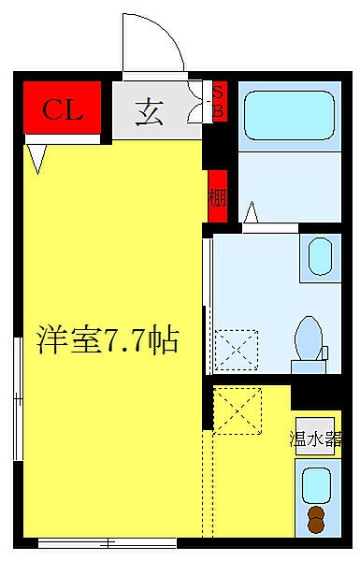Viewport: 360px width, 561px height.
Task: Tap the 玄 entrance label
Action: [150, 112]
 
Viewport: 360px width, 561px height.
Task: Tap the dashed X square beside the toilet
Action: [234, 349]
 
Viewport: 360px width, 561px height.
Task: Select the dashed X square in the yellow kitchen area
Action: [238, 410]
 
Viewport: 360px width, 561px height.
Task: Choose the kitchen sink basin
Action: [317, 484]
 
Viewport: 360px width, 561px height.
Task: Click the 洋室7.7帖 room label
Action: [108, 337]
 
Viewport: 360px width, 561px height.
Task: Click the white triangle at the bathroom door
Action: [252, 214]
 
